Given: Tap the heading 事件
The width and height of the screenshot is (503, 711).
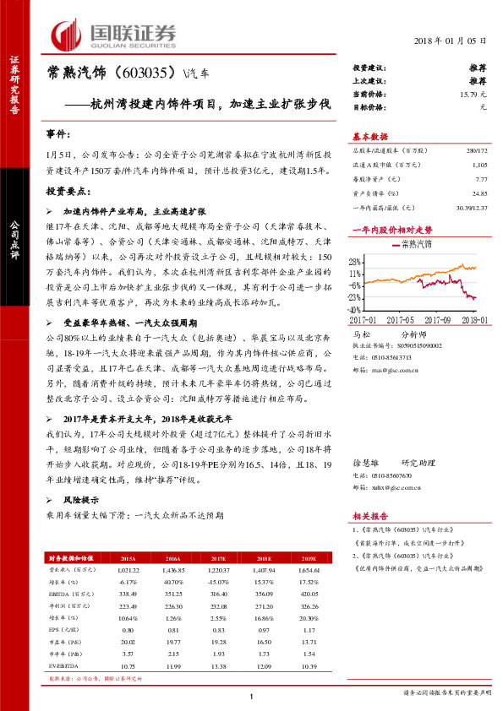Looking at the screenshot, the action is (57, 134).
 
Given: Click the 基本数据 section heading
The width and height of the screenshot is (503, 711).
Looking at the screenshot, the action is (370, 137).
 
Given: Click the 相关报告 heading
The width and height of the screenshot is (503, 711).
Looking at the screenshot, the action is (370, 516).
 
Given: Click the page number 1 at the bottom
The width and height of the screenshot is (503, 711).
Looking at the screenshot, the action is (252, 695).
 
